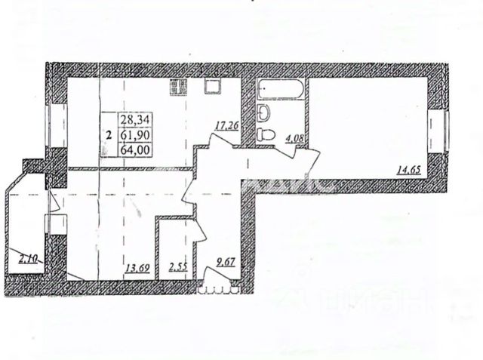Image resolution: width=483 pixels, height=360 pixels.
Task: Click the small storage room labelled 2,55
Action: pos(178,266)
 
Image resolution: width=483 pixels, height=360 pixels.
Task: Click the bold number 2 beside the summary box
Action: pos(109,135)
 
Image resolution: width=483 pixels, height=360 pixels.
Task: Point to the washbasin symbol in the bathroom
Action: pos(263,113)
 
